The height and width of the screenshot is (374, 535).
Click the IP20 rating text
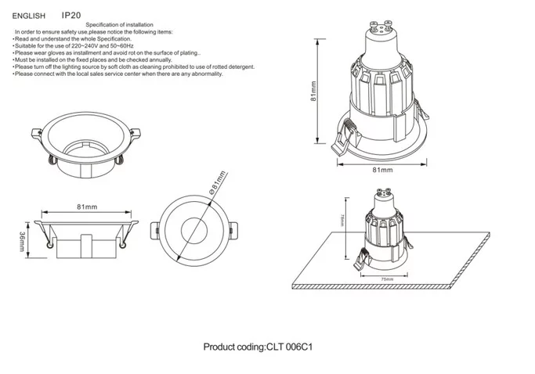71,14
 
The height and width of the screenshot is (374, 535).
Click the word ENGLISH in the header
29,15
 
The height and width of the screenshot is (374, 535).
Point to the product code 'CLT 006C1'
292,347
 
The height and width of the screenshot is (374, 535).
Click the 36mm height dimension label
23,242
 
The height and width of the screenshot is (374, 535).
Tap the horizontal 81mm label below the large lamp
382,169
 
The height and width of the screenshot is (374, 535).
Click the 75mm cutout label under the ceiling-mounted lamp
386,279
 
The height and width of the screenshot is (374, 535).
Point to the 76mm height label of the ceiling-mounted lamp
342,220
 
